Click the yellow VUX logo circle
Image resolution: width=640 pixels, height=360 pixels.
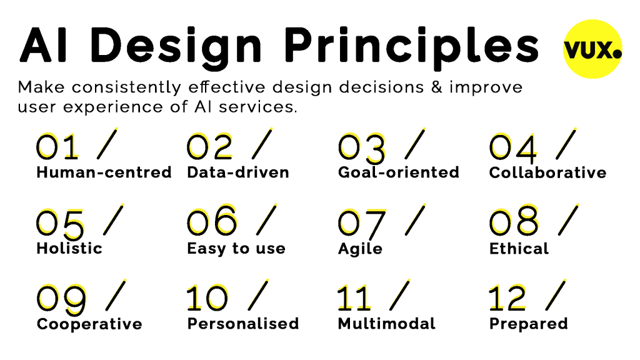(592, 49)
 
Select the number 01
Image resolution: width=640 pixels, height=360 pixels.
(57, 146)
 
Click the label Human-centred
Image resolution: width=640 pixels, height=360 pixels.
(104, 172)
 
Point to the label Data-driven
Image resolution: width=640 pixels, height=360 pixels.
(238, 172)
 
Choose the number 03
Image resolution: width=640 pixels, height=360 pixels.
(362, 147)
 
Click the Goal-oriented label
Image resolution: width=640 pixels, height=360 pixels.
(399, 172)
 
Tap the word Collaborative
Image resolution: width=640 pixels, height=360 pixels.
(547, 172)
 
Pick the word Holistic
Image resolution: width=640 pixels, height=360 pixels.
(69, 248)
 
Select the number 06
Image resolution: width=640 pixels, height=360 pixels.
(212, 221)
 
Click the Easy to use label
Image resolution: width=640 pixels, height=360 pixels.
(236, 249)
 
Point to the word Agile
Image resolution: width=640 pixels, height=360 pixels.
(360, 249)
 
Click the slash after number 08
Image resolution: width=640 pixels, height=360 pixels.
(568, 220)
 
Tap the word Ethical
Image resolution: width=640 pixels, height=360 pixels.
(519, 248)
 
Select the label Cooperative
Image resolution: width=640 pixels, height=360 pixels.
(89, 324)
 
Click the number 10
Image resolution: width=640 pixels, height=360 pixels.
(207, 297)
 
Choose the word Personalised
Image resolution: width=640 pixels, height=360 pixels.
(243, 324)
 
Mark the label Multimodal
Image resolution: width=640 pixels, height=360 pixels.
(386, 324)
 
